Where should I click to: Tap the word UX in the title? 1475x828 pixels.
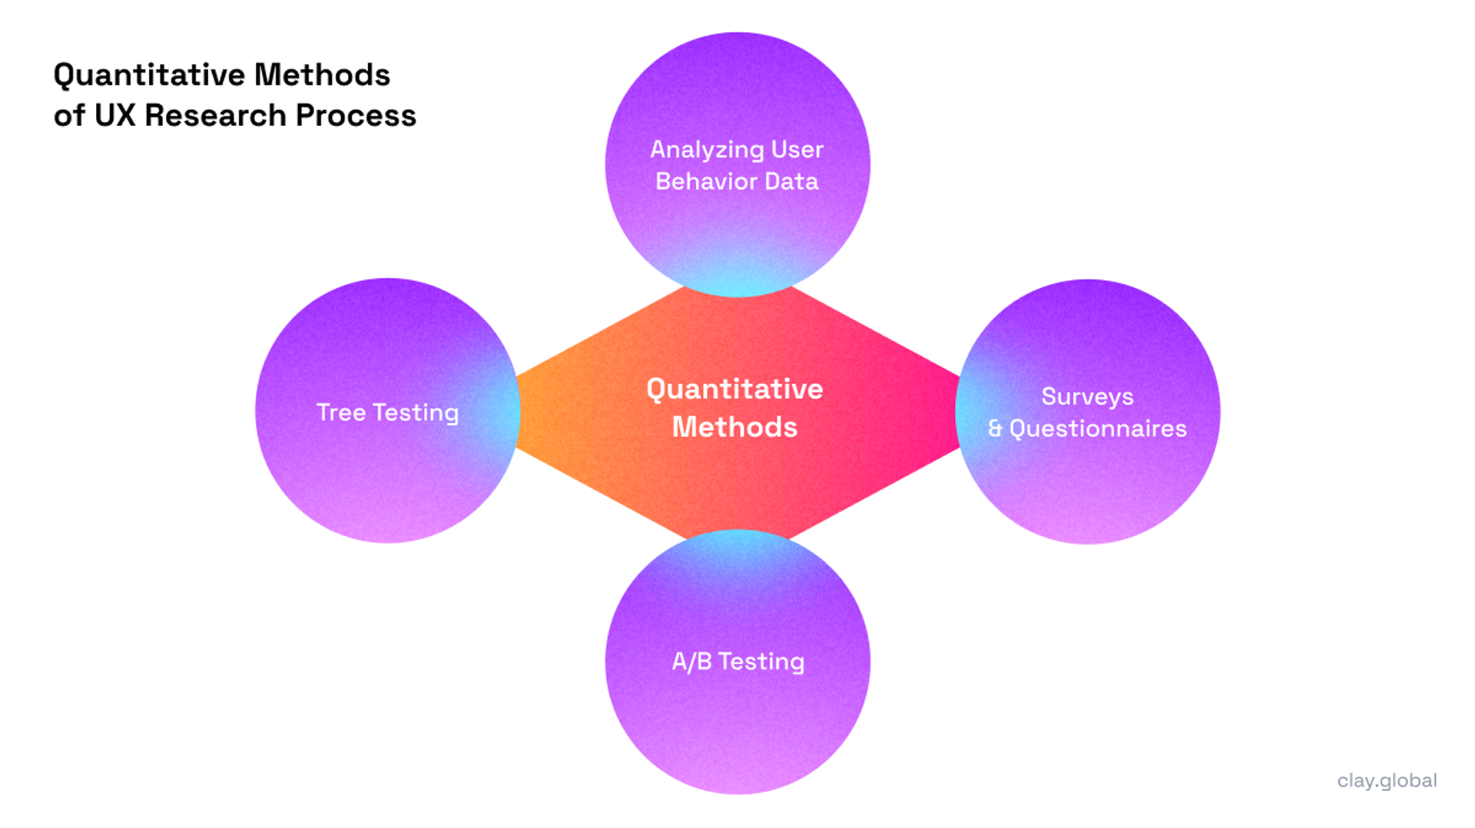click(114, 116)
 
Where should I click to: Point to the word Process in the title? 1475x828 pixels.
click(356, 116)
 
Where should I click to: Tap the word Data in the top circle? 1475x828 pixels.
click(792, 182)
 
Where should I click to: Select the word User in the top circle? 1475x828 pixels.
click(797, 149)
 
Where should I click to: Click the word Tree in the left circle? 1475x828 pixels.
click(341, 412)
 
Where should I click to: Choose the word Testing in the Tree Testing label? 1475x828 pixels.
click(416, 413)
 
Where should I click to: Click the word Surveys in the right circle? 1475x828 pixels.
click(1087, 397)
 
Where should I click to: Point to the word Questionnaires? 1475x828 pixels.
click(1098, 429)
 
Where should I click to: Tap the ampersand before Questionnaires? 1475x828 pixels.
click(995, 429)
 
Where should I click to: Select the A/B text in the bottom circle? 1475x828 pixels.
click(691, 661)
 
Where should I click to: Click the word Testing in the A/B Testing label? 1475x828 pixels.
click(761, 661)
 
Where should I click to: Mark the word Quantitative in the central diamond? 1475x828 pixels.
click(734, 389)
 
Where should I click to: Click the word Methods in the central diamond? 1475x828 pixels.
click(734, 427)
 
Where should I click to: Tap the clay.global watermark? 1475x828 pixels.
click(1387, 781)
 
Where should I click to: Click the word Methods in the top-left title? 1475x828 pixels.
click(322, 75)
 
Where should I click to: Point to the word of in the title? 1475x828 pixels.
click(69, 116)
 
